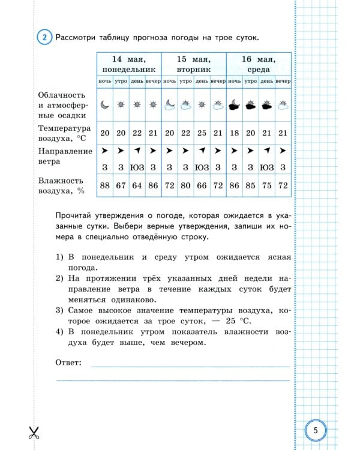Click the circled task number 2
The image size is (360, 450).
44,37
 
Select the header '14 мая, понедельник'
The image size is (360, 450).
128,64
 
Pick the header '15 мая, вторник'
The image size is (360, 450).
194,64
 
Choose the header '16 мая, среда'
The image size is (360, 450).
259,64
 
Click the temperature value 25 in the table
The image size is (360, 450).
202,133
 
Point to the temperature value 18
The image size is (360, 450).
235,133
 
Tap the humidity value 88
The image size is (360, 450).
105,185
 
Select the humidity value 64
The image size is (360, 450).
137,185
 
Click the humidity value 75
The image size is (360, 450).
267,185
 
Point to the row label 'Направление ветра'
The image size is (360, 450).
64,156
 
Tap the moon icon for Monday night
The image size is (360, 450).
105,104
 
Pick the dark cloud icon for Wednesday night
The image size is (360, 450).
235,105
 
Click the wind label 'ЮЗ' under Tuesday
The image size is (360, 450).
202,167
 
